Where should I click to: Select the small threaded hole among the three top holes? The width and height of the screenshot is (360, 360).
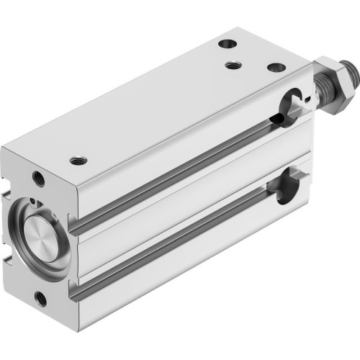233,66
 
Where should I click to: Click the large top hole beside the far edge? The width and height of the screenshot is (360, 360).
227,43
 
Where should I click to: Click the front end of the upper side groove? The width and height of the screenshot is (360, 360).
81,228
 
